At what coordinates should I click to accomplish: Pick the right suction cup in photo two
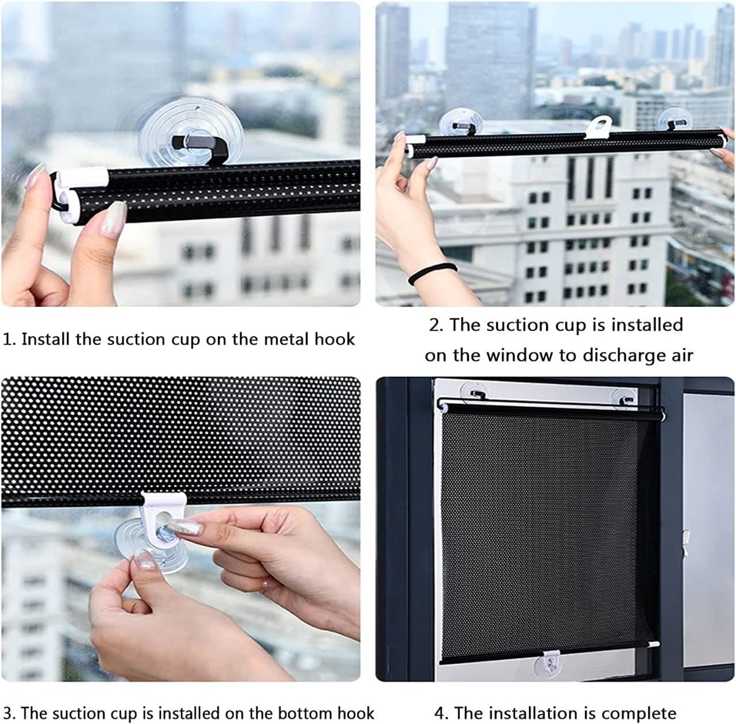coord(674,119)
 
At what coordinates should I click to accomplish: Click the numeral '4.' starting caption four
coord(442,713)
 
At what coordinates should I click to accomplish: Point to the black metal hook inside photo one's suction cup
coord(198,147)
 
